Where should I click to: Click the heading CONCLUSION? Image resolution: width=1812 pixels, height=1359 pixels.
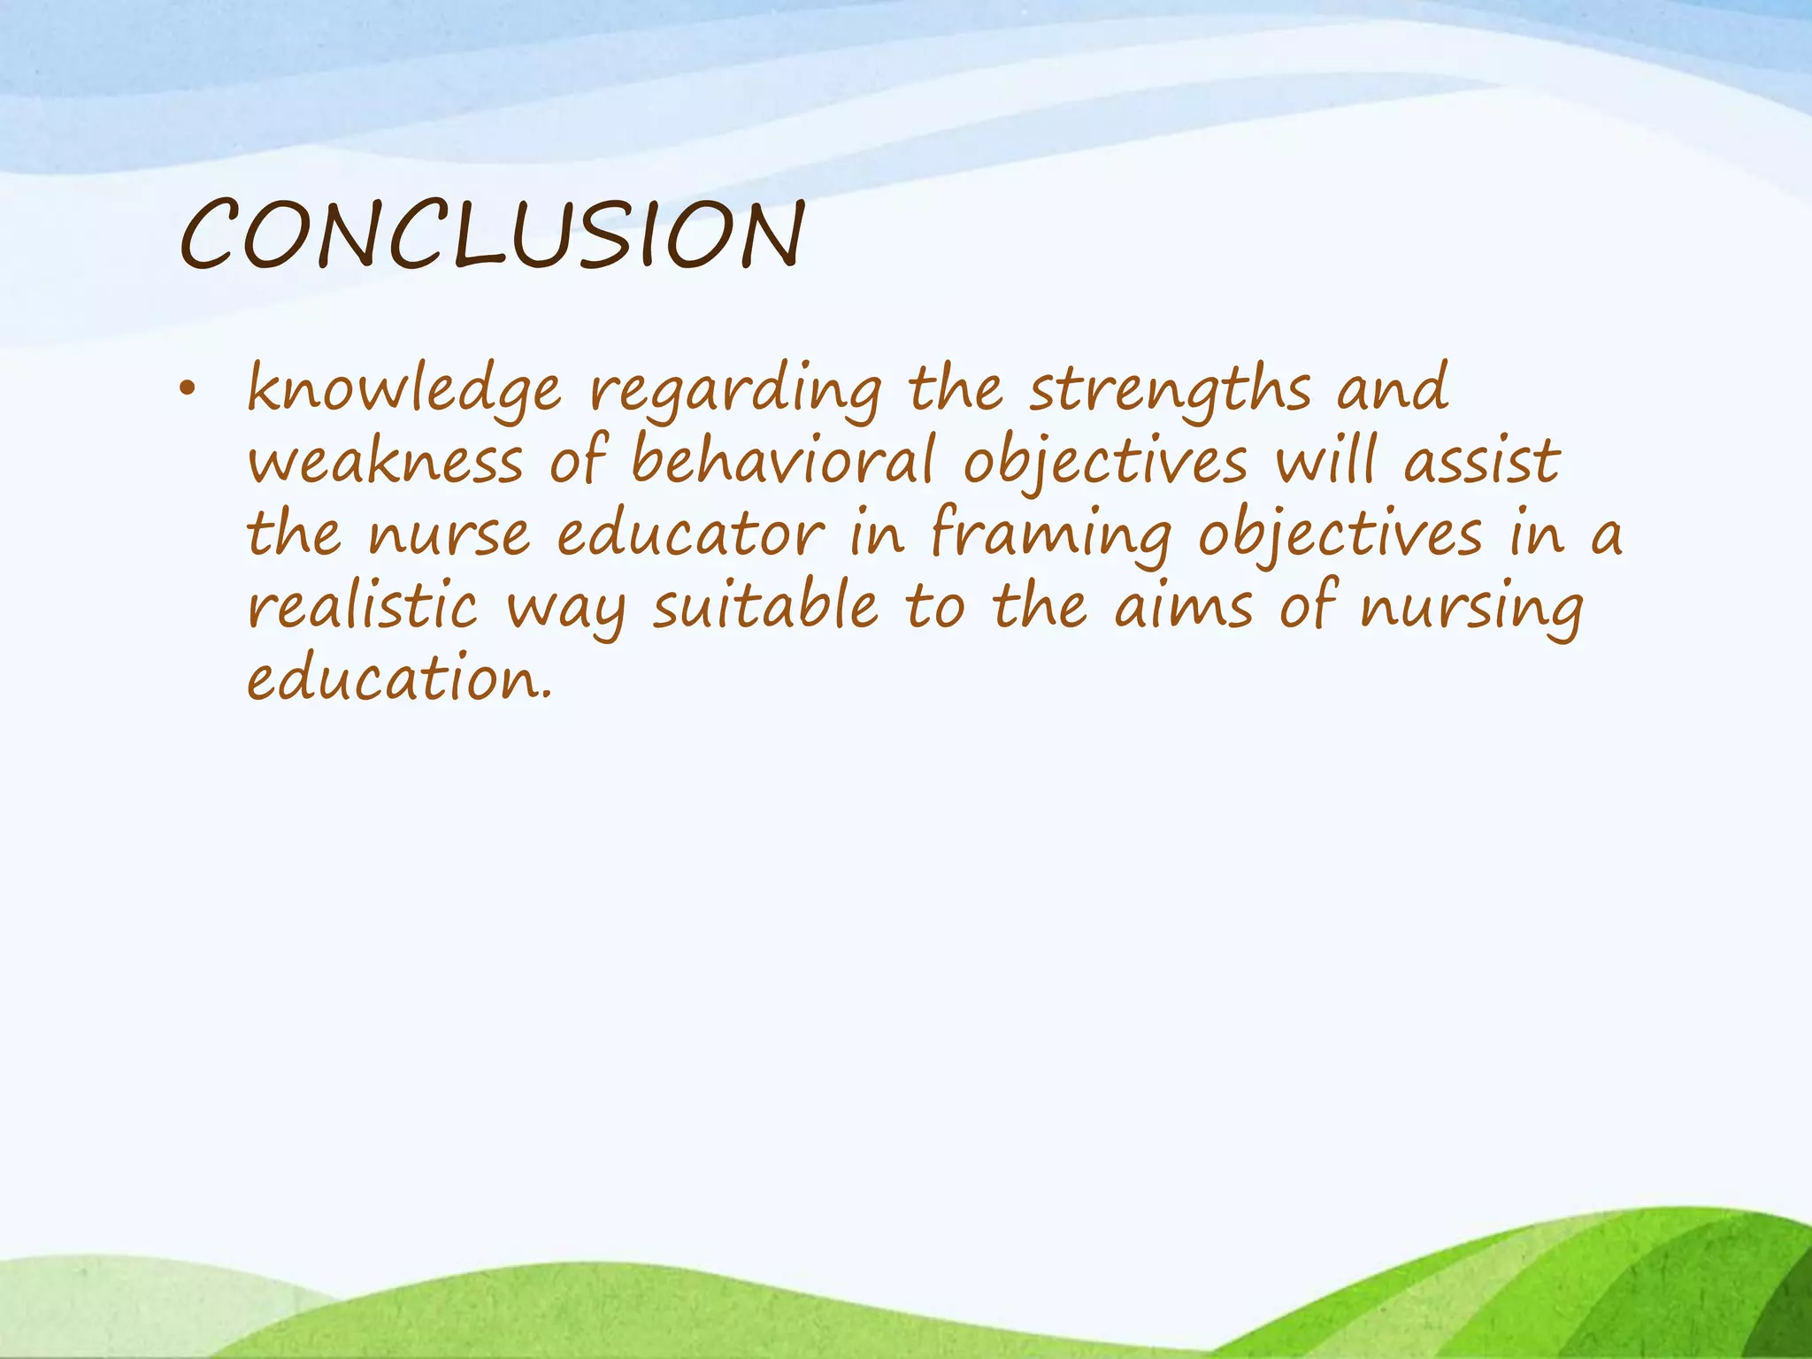click(492, 234)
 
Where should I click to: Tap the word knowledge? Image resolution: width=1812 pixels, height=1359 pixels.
click(403, 390)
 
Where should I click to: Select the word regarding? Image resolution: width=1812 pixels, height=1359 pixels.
click(735, 390)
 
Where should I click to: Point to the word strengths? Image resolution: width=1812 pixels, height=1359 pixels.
click(1169, 390)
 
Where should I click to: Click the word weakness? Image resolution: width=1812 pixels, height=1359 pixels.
click(385, 462)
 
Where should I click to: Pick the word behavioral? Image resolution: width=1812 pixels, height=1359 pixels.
click(783, 462)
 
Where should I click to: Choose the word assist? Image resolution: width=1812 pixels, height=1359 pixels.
click(1483, 462)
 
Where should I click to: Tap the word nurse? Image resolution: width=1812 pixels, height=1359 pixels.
click(449, 535)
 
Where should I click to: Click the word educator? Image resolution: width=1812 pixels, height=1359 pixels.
click(690, 535)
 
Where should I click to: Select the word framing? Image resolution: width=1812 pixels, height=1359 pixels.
click(1051, 535)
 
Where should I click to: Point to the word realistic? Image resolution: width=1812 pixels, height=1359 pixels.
click(362, 607)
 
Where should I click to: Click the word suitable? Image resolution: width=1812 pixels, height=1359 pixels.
click(765, 607)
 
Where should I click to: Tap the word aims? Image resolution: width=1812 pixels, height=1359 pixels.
click(1183, 607)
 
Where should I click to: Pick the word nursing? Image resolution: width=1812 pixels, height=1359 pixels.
click(1471, 609)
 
